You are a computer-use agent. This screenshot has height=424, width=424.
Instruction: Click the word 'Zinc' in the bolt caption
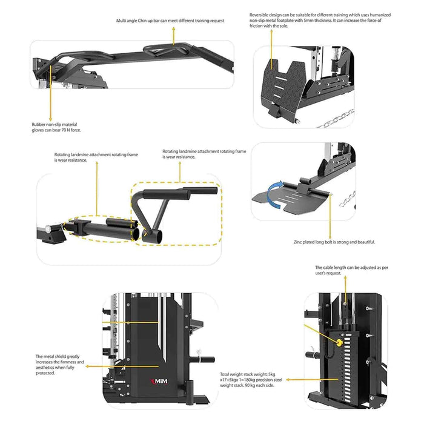(x=299, y=242)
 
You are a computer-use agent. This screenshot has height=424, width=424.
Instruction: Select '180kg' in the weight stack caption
(x=249, y=379)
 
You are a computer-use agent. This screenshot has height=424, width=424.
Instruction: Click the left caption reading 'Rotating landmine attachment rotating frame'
(x=96, y=154)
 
